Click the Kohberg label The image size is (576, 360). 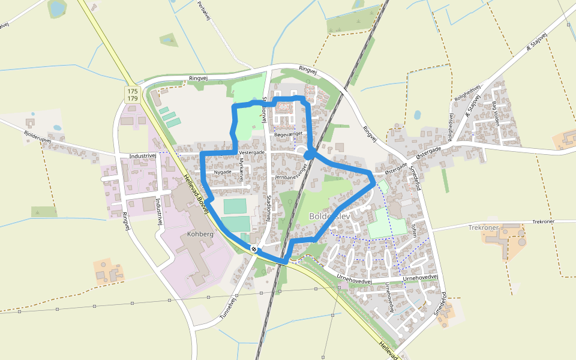(x=200, y=234)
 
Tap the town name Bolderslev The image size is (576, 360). (x=329, y=215)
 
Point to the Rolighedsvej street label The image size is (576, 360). (x=467, y=95)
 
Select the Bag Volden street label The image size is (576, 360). (x=496, y=112)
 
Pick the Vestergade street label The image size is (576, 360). (x=251, y=152)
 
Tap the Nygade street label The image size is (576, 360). (x=223, y=172)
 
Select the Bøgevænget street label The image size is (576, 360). (x=285, y=135)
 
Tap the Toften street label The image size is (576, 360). (x=414, y=229)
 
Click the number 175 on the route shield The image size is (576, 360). (x=133, y=91)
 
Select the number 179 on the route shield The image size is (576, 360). (x=133, y=98)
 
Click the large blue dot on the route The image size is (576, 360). (x=309, y=155)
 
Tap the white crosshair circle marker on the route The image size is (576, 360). (x=255, y=248)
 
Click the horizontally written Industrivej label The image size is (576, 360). (x=143, y=156)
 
